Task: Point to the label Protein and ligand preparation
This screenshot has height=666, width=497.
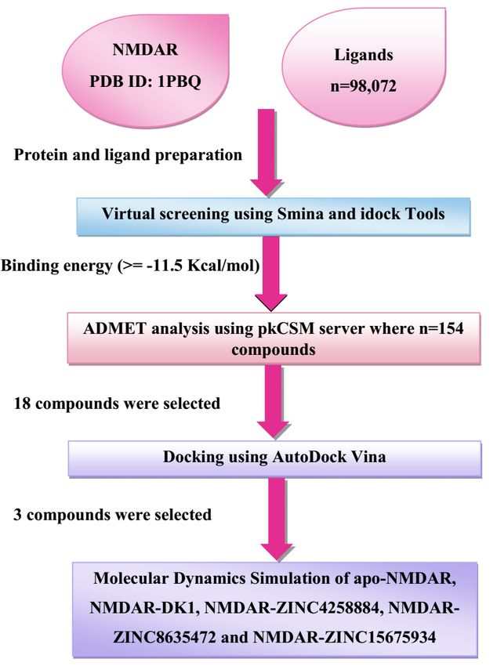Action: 128,154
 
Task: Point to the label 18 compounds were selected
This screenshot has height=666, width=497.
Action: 117,404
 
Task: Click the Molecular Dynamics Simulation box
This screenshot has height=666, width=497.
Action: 274,608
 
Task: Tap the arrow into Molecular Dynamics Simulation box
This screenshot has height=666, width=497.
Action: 274,517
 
